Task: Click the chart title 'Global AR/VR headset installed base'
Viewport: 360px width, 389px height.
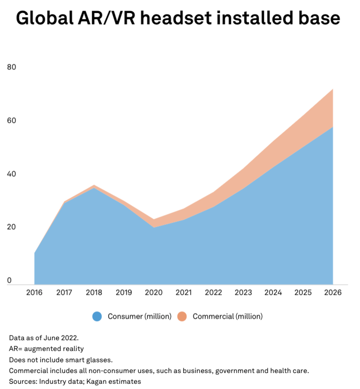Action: click(178, 18)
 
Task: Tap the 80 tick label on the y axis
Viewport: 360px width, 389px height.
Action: click(12, 67)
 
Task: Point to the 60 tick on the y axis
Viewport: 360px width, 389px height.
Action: click(12, 120)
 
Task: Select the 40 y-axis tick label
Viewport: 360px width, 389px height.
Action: click(12, 174)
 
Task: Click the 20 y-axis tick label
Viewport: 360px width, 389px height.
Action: click(12, 227)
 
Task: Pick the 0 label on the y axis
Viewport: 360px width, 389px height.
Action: click(9, 281)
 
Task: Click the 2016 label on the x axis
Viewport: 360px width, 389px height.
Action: click(34, 292)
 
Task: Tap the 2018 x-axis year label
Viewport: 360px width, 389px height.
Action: click(94, 292)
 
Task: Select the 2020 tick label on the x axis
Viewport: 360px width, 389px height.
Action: click(154, 292)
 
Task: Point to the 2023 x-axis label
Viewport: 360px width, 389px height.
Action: click(243, 292)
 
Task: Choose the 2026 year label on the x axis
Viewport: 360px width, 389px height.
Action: click(333, 292)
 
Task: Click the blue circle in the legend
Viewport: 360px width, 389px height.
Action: click(97, 316)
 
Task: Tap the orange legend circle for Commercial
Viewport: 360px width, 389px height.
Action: click(182, 316)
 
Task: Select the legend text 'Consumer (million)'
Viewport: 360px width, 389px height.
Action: click(139, 316)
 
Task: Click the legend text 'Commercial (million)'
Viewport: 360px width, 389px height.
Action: click(227, 316)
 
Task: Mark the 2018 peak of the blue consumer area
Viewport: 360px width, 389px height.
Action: click(94, 188)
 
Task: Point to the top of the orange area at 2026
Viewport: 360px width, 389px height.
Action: click(333, 89)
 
